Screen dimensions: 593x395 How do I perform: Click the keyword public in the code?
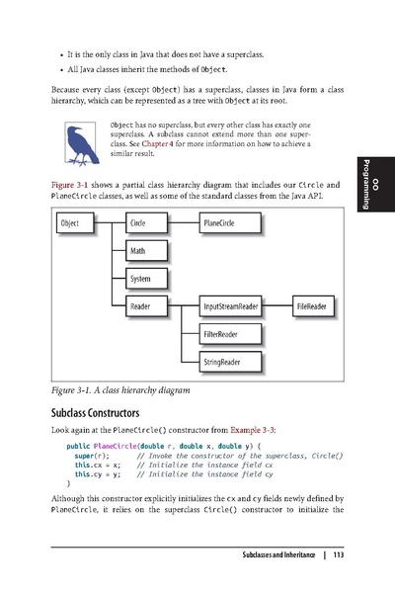[x=78, y=447]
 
